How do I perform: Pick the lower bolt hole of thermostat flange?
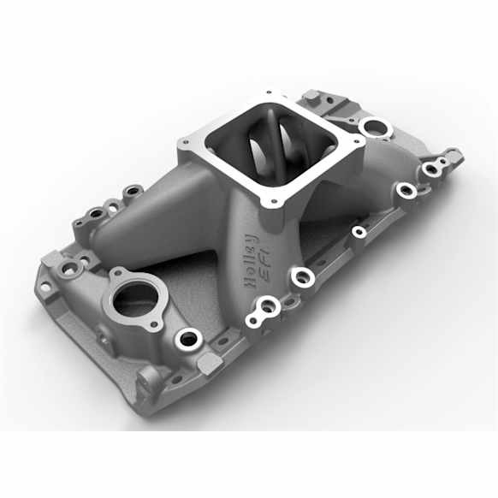(x=154, y=324)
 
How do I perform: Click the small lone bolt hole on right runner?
(x=359, y=231)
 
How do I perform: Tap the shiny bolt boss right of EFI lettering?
(x=301, y=276)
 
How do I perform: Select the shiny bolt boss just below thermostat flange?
(x=186, y=340)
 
